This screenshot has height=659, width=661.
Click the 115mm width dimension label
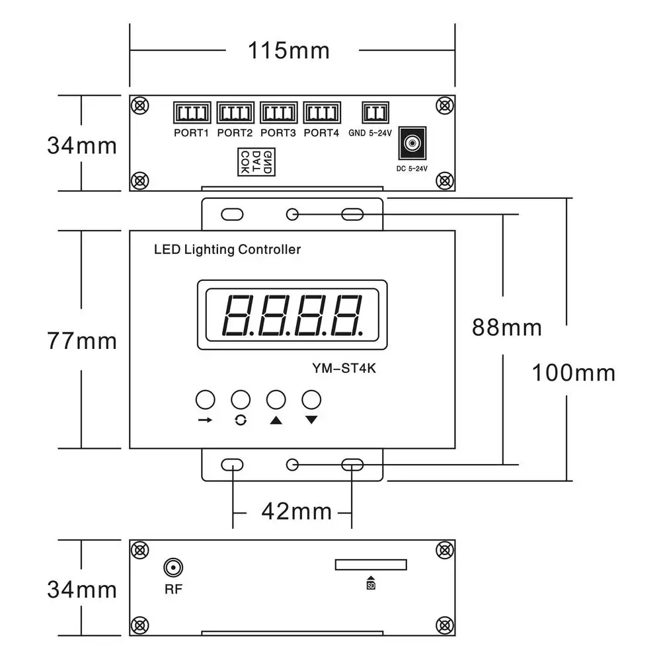pyautogui.click(x=289, y=51)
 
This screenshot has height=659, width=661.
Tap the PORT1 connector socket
pyautogui.click(x=192, y=112)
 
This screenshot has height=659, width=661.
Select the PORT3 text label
pyautogui.click(x=278, y=133)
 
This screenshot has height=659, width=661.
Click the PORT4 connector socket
pyautogui.click(x=322, y=112)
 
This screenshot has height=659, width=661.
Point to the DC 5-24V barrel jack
pyautogui.click(x=412, y=143)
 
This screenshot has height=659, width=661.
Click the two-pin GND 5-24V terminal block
pyautogui.click(x=375, y=112)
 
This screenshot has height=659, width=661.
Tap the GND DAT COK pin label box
pyautogui.click(x=256, y=162)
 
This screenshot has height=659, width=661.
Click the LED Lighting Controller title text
pyautogui.click(x=227, y=250)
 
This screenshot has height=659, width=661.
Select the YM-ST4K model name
pyautogui.click(x=344, y=369)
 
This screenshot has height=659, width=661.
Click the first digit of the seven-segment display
pyautogui.click(x=238, y=315)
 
